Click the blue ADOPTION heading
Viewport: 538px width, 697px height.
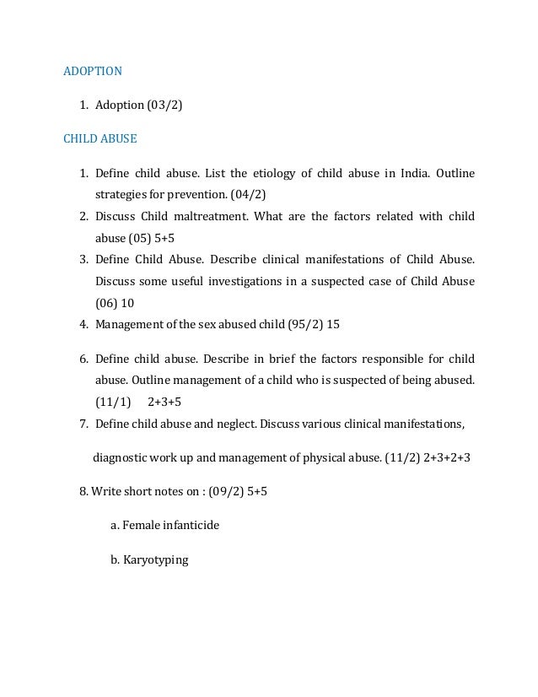(x=93, y=71)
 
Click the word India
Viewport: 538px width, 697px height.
(x=412, y=173)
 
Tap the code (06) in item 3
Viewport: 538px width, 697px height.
(x=107, y=301)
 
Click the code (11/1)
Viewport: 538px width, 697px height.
(x=114, y=400)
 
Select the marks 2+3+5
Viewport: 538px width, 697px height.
(x=164, y=400)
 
